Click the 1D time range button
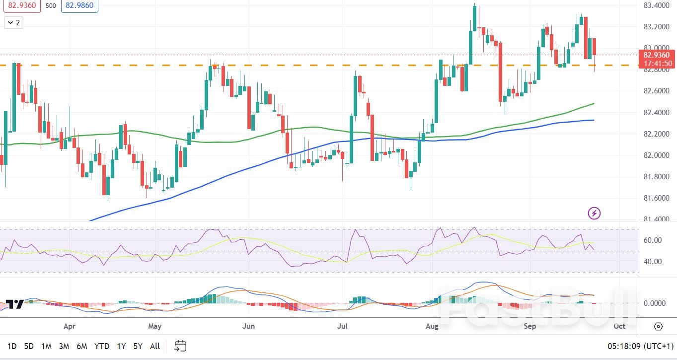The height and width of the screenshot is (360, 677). [x=12, y=346]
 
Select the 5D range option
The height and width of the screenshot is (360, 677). [x=29, y=346]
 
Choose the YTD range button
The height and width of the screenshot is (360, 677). [x=102, y=346]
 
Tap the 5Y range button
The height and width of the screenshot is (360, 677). [x=138, y=346]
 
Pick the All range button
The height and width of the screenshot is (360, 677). [x=155, y=346]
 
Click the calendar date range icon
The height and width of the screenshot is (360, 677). [x=180, y=346]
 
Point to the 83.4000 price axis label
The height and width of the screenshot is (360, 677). [x=656, y=5]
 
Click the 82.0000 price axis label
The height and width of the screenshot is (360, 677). [x=656, y=155]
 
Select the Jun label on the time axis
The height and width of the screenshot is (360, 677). [x=248, y=326]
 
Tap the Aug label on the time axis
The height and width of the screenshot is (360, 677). [x=432, y=326]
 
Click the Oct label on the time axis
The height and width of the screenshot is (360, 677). [x=619, y=326]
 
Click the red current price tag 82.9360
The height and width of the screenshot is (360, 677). [x=656, y=55]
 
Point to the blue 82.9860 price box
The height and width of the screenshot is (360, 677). [x=79, y=6]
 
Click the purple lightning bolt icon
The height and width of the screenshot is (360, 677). [x=594, y=214]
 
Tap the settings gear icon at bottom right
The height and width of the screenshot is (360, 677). [x=658, y=326]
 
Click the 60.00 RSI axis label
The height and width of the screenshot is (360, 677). [x=652, y=240]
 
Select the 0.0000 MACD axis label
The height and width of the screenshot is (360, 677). [x=654, y=303]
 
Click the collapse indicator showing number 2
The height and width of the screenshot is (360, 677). [x=13, y=22]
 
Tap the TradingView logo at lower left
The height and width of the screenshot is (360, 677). [x=14, y=304]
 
